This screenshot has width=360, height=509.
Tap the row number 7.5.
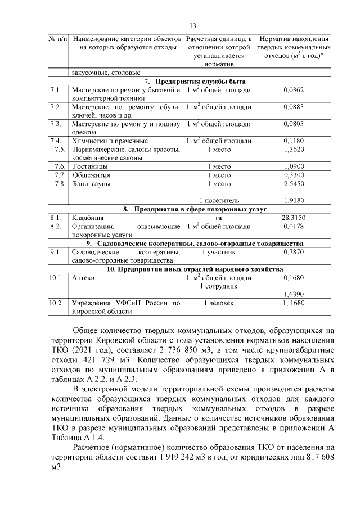point(59,149)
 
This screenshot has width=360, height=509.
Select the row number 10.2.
point(56,303)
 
